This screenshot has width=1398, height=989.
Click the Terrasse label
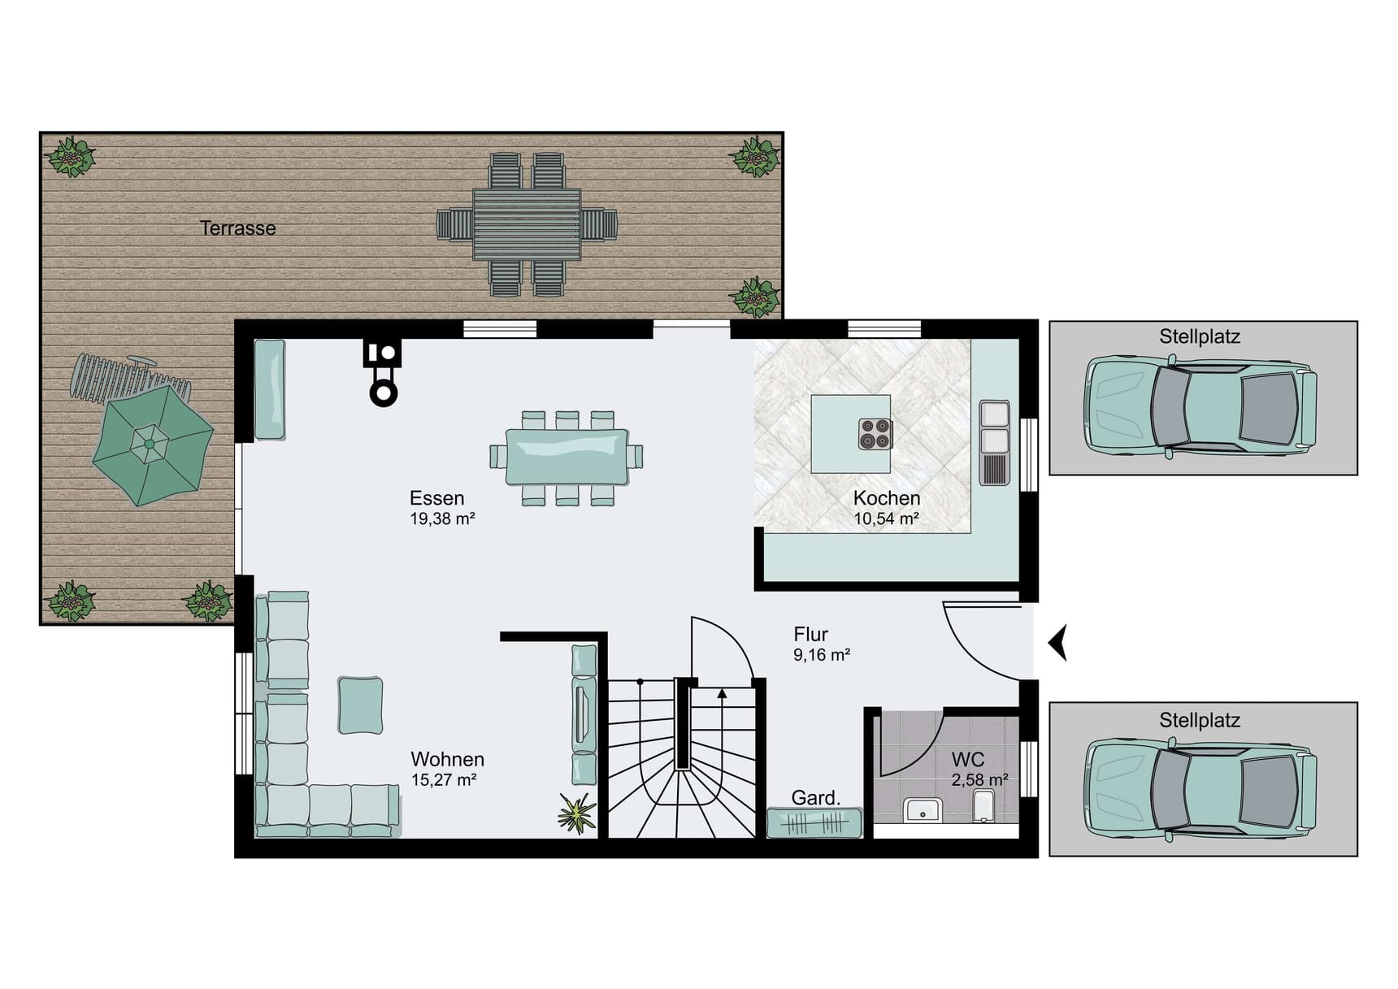pyautogui.click(x=237, y=228)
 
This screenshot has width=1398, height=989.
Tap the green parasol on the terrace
pyautogui.click(x=152, y=445)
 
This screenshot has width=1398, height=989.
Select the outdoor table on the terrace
pyautogui.click(x=527, y=223)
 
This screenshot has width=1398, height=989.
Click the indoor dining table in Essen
pyautogui.click(x=567, y=457)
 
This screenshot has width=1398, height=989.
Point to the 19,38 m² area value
pyautogui.click(x=442, y=518)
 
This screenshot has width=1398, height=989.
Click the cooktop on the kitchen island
pyautogui.click(x=875, y=433)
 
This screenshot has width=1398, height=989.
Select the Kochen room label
pyautogui.click(x=887, y=498)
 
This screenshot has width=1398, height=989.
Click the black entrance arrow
pyautogui.click(x=1057, y=643)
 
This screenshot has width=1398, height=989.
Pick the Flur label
pyautogui.click(x=810, y=634)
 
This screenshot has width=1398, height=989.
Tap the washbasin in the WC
pyautogui.click(x=923, y=810)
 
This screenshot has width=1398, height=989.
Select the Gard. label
pyautogui.click(x=816, y=798)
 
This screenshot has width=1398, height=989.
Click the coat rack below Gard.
pyautogui.click(x=814, y=823)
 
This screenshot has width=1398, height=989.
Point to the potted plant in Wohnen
pyautogui.click(x=577, y=814)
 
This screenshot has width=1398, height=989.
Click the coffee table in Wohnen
pyautogui.click(x=360, y=705)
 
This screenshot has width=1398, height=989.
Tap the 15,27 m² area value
pyautogui.click(x=444, y=780)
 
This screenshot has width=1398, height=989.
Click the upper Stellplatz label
pyautogui.click(x=1200, y=336)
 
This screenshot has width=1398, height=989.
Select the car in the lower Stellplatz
pyautogui.click(x=1200, y=788)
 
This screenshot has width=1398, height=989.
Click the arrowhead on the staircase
pyautogui.click(x=722, y=692)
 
